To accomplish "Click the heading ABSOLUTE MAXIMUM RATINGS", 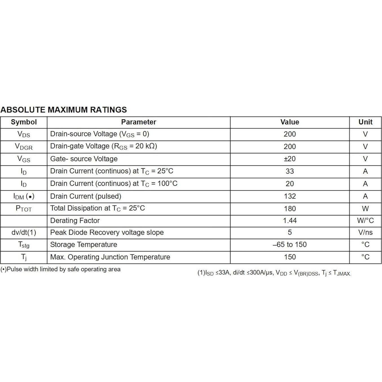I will (x=64, y=110).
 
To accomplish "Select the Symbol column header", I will (x=24, y=122).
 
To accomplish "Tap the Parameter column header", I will (x=139, y=122).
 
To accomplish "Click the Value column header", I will (x=290, y=122).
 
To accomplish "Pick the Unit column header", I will (x=365, y=122).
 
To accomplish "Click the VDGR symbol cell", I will (x=24, y=147).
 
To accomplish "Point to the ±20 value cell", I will (x=290, y=159).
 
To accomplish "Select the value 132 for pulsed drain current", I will (x=290, y=196).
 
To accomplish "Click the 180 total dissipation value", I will (x=290, y=209).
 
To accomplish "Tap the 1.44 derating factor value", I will (x=290, y=221).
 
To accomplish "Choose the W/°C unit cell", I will (x=365, y=221).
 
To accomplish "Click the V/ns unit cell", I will (x=365, y=232).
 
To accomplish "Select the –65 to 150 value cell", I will (x=290, y=245).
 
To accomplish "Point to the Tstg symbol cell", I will (x=24, y=245).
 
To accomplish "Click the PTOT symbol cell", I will (x=24, y=209).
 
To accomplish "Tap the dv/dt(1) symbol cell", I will (x=24, y=232).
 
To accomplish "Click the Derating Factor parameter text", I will (x=75, y=221).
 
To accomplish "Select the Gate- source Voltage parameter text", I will (x=84, y=159).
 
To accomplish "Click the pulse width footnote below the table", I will (x=60, y=269).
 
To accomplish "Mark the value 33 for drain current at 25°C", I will (x=290, y=171).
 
